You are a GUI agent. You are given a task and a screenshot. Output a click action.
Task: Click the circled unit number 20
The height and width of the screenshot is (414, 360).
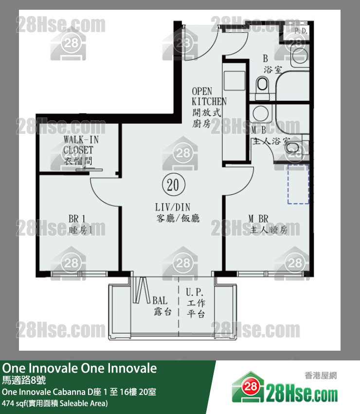coord(173,185)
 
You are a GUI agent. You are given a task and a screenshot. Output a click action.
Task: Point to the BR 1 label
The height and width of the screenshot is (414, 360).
coord(78,224)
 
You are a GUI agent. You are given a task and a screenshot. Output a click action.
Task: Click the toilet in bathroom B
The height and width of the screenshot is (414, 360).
coord(262,86)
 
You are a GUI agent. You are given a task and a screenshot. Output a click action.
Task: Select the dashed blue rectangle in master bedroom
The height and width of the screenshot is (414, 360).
coord(298,184)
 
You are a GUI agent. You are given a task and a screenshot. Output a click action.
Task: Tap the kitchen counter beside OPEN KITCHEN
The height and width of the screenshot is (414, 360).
coord(234,112)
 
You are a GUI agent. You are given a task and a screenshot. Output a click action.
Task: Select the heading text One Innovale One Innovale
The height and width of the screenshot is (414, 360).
coord(79,368)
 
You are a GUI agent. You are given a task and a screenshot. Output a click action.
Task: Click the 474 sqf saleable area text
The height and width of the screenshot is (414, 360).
coord(54,403)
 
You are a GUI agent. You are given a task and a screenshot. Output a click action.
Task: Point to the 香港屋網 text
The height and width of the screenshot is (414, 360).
coord(320,375)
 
